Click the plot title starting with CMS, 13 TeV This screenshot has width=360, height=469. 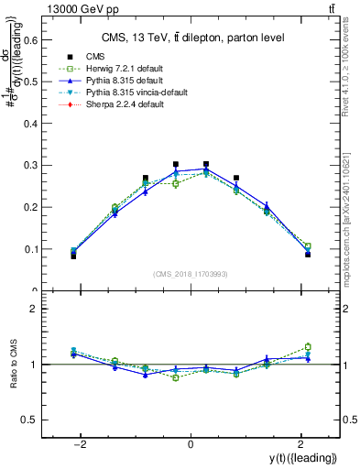pyautogui.click(x=191, y=38)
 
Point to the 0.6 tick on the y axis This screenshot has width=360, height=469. pyautogui.click(x=36, y=39)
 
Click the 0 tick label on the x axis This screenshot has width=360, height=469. pyautogui.click(x=190, y=444)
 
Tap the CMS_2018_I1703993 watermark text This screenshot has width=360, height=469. pyautogui.click(x=190, y=274)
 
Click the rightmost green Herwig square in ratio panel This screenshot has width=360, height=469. pyautogui.click(x=308, y=346)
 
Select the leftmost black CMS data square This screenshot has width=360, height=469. pyautogui.click(x=73, y=256)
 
